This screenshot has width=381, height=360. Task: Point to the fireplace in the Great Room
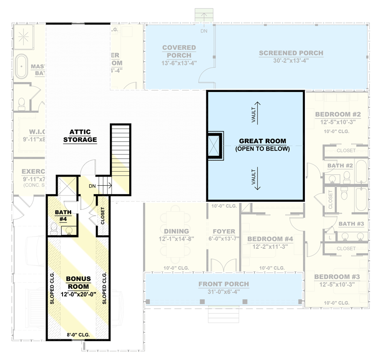click(214, 146)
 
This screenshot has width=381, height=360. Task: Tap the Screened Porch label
click(291, 53)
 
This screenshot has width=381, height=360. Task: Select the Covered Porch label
click(179, 51)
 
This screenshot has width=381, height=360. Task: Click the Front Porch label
click(223, 284)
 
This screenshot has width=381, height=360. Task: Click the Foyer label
click(224, 232)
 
